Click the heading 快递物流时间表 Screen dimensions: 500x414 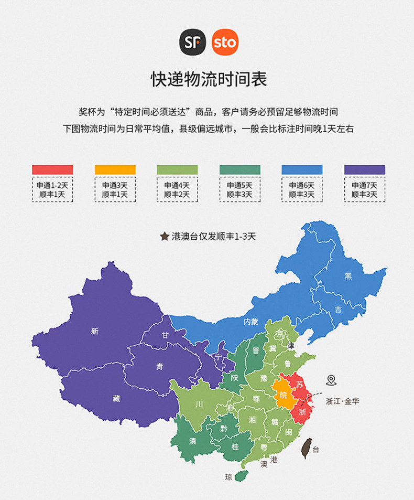(209, 79)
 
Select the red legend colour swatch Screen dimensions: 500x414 (52, 169)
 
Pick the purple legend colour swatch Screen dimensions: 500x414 (365, 169)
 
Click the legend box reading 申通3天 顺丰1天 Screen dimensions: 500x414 (115, 189)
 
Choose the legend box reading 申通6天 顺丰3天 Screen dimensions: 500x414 (302, 189)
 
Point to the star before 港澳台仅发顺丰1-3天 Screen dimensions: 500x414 (164, 237)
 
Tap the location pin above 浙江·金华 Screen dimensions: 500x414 (331, 380)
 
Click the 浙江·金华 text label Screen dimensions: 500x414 (342, 401)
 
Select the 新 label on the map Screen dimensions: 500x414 (94, 331)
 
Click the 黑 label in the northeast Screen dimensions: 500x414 (348, 276)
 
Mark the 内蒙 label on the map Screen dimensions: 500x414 (250, 322)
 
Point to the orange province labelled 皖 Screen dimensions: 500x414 (284, 393)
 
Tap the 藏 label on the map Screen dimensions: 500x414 (116, 398)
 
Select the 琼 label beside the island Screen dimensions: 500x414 (228, 477)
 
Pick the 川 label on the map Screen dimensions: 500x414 (199, 404)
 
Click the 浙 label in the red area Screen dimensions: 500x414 (302, 412)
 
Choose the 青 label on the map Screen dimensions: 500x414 (159, 367)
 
